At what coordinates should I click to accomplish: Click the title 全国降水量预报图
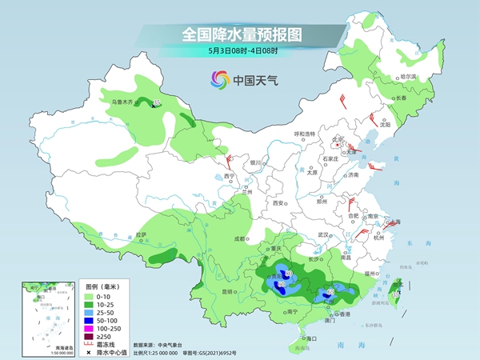tap(241, 34)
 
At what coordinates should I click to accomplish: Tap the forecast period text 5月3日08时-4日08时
tap(241, 52)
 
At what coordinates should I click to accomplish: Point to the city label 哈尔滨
tap(408, 76)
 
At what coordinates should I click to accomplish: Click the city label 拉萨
tap(142, 234)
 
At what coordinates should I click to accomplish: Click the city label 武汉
tap(323, 234)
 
